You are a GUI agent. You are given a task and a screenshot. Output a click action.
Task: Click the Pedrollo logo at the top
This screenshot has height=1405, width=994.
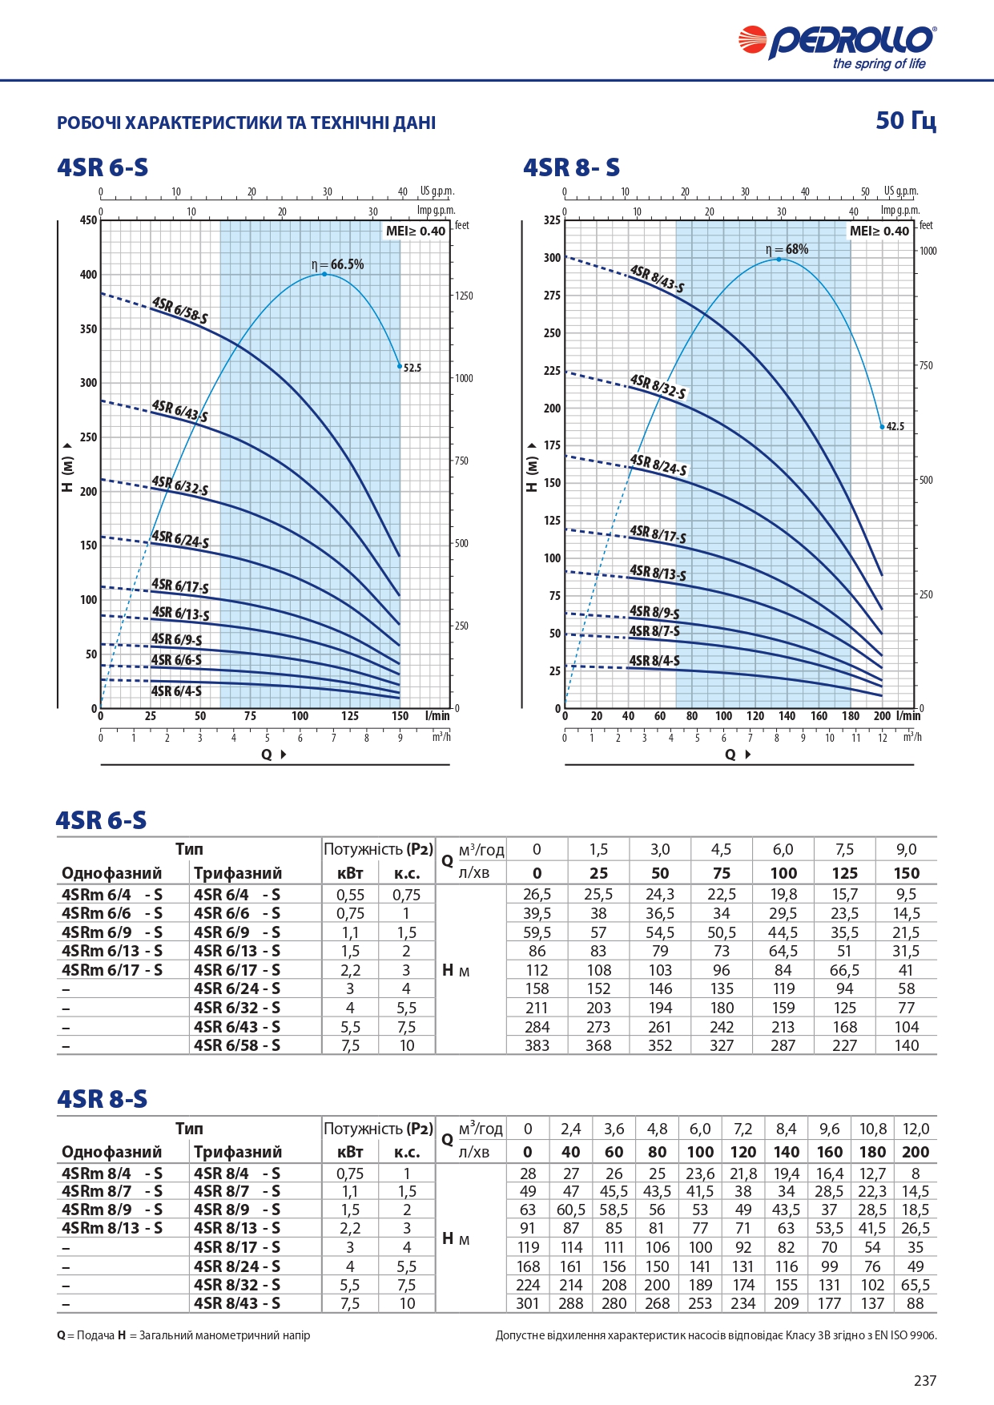(837, 46)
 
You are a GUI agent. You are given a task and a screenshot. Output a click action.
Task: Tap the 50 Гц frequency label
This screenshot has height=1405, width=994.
(906, 120)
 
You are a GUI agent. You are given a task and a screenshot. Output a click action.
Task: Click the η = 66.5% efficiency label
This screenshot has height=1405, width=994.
(337, 264)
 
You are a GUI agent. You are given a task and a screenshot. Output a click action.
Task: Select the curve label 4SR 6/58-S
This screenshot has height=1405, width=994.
(180, 310)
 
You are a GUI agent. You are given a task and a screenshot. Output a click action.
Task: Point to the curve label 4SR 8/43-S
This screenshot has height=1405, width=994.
(657, 278)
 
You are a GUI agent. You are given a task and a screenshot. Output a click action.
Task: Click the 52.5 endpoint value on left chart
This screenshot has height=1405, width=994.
(412, 368)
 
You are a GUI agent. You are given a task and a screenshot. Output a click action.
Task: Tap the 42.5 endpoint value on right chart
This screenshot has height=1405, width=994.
(895, 426)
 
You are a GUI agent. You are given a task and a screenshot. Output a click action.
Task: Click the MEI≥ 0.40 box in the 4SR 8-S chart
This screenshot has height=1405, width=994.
(879, 231)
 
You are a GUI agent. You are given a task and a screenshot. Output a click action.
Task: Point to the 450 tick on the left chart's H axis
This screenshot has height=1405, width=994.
(88, 220)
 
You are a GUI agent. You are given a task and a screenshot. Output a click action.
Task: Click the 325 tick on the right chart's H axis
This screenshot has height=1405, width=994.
(553, 220)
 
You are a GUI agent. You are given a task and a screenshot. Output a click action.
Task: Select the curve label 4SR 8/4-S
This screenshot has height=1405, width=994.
(654, 661)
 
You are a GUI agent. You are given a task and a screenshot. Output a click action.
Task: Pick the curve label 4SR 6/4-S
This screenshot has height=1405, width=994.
(176, 691)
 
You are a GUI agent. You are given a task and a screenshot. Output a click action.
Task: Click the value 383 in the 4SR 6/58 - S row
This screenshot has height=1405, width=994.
(537, 1045)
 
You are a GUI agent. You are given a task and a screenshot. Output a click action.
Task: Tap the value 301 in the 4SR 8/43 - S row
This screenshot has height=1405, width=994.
(528, 1303)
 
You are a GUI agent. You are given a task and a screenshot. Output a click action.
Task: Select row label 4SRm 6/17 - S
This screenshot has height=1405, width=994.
(112, 970)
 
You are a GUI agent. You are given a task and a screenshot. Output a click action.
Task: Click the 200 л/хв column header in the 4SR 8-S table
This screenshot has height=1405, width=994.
(916, 1152)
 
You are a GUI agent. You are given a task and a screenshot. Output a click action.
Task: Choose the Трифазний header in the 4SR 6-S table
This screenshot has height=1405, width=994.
(238, 873)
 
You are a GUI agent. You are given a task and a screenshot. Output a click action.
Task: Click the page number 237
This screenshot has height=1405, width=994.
(925, 1380)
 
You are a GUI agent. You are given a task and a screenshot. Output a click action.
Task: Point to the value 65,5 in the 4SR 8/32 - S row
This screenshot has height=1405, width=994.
(916, 1285)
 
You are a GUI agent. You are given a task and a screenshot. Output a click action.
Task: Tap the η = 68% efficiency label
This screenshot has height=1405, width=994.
(787, 249)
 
